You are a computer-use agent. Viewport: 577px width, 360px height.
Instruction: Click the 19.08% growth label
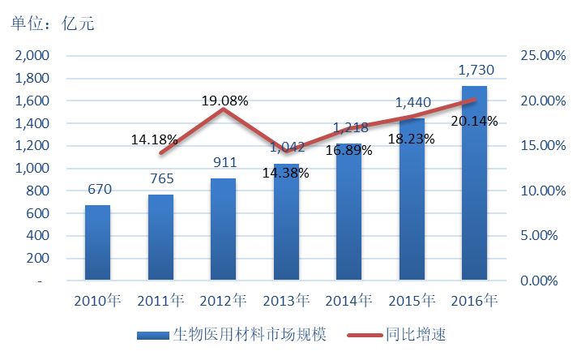pyautogui.click(x=224, y=101)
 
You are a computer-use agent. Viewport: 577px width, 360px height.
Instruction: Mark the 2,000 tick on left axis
pyautogui.click(x=32, y=56)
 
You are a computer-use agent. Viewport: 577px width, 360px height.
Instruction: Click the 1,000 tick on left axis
pyautogui.click(x=32, y=169)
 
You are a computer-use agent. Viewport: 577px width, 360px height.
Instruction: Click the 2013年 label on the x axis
pyautogui.click(x=286, y=302)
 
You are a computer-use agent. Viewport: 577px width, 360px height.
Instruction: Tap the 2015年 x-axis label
pyautogui.click(x=412, y=302)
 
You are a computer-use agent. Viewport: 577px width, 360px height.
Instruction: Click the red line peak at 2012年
pyautogui.click(x=223, y=109)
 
